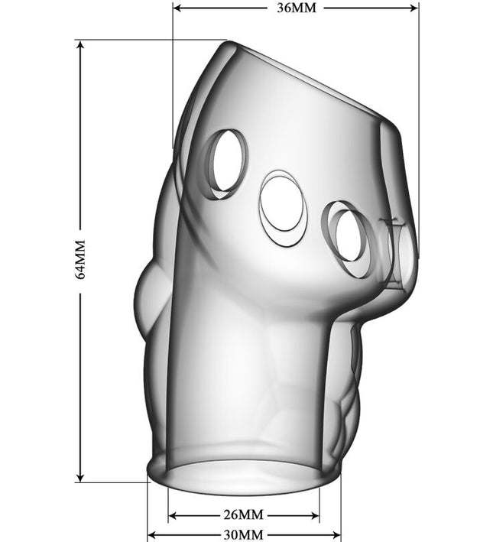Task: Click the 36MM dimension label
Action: click(x=297, y=8)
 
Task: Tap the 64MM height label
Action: click(x=79, y=259)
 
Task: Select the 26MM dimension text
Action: click(x=243, y=514)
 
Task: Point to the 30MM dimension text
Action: click(x=243, y=535)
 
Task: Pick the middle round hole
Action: click(x=283, y=208)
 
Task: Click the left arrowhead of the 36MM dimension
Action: click(x=177, y=8)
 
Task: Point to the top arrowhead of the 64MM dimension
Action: click(x=80, y=46)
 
